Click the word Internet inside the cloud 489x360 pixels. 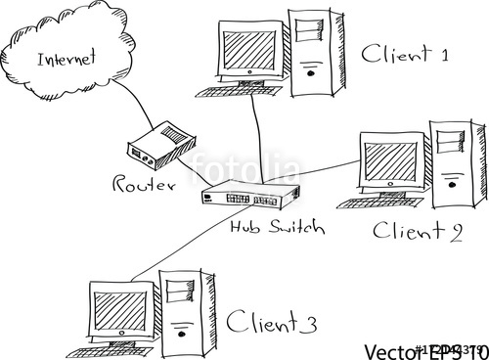click(x=67, y=58)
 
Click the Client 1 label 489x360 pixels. click(x=403, y=55)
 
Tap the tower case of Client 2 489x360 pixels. click(x=459, y=166)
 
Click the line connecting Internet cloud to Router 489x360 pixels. click(x=122, y=108)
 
